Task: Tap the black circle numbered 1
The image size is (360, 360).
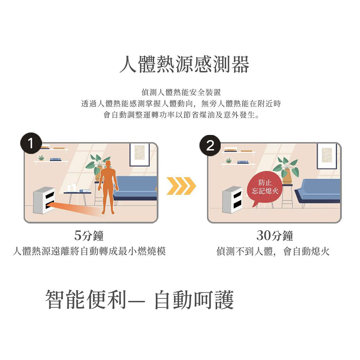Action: (32, 145)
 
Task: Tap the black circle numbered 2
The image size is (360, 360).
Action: (210, 145)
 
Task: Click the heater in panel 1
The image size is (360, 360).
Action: (44, 201)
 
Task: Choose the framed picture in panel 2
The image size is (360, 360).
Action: (327, 156)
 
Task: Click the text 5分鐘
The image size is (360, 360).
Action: (89, 236)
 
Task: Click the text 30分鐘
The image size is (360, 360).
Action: (275, 236)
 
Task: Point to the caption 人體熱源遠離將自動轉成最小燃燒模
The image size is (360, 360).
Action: (89, 251)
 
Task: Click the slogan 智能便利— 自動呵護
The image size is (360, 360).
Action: (140, 300)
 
